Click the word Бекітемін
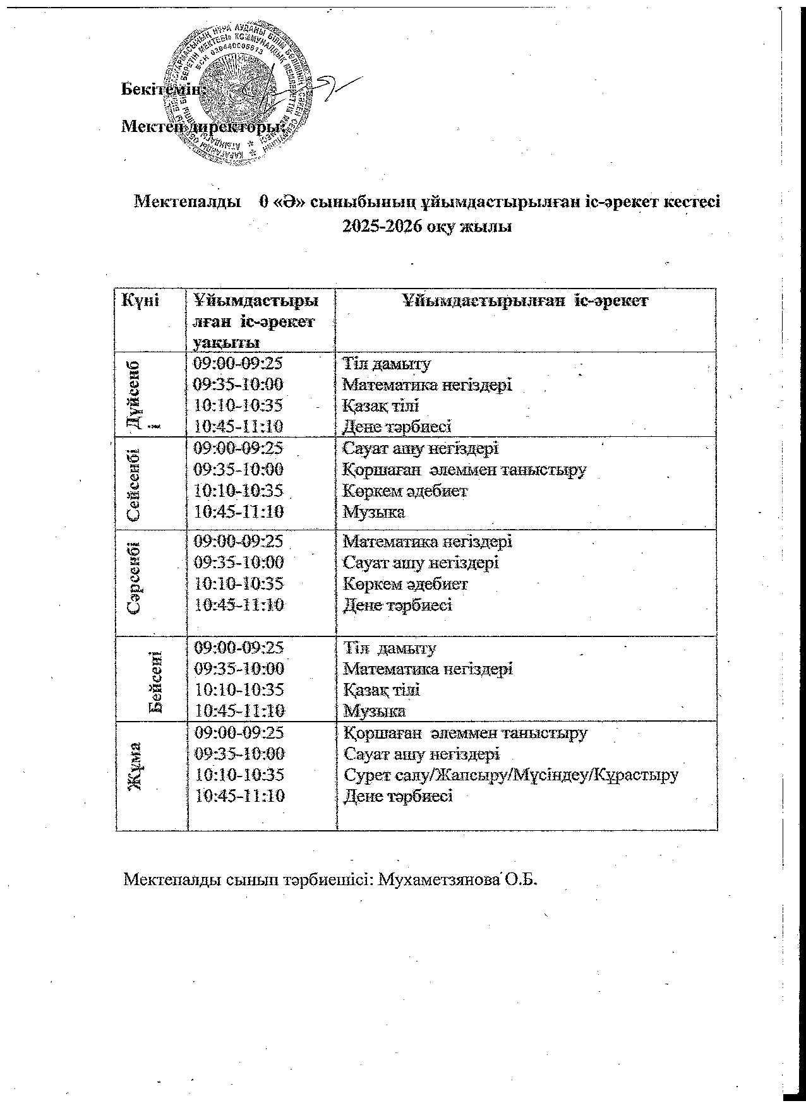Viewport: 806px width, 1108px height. (160, 89)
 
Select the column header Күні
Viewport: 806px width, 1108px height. (140, 301)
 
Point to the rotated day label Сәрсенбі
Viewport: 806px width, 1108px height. (134, 578)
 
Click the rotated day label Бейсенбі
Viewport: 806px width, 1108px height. (155, 681)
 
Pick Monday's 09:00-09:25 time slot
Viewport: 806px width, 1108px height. (238, 364)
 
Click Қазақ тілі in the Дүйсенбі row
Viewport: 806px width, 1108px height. (381, 405)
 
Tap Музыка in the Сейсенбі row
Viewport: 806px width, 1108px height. (373, 512)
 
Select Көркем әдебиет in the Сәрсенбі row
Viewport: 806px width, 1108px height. (405, 584)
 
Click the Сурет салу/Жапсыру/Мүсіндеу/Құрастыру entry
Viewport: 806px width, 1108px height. (510, 775)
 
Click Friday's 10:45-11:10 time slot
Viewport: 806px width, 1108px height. (240, 796)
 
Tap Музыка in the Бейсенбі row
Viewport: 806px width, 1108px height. (374, 712)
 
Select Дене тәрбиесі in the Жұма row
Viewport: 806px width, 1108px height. (397, 796)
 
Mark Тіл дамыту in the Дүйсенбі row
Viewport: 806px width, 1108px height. (386, 364)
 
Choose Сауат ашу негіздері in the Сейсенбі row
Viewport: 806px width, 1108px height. (420, 449)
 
